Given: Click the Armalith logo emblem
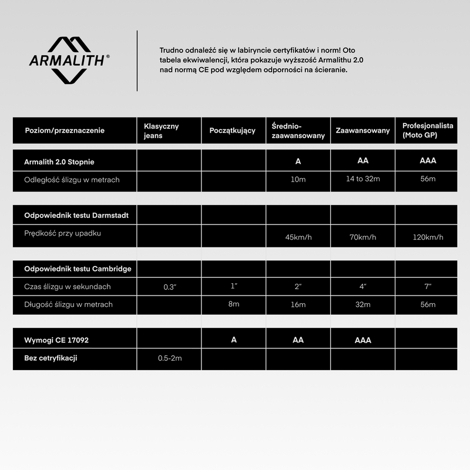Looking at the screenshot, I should [69, 59].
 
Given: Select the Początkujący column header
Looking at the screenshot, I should [232, 130].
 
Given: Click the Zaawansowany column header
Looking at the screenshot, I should [362, 130].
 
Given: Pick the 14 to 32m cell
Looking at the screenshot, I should [363, 178].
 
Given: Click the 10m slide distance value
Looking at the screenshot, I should [298, 179].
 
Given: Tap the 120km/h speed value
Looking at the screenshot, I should [428, 237].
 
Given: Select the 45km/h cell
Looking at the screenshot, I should [298, 237].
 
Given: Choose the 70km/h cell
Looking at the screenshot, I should [363, 237].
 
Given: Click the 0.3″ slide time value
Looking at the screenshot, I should [169, 287].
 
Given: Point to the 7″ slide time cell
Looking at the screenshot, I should [428, 286].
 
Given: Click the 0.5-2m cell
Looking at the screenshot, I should [170, 358].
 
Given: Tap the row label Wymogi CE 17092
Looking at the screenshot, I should [57, 340].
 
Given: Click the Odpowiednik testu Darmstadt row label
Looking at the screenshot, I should [76, 215].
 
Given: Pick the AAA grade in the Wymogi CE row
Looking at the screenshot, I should [363, 340].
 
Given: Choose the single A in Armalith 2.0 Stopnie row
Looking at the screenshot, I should [298, 161].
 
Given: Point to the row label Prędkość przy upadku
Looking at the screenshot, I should [63, 233].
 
